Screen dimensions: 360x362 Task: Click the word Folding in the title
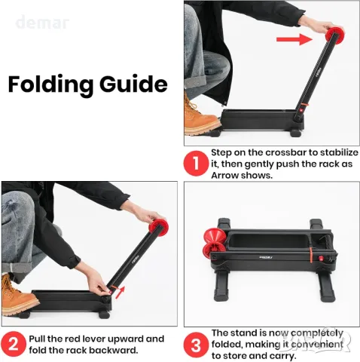(x=51, y=85)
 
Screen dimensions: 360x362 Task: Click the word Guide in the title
(x=133, y=84)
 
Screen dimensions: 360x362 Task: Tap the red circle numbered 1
(x=196, y=163)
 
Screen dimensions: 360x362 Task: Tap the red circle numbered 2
(x=14, y=344)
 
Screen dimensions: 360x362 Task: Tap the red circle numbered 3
(x=196, y=345)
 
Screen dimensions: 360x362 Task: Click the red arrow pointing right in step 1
(x=294, y=39)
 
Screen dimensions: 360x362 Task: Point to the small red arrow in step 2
(x=121, y=292)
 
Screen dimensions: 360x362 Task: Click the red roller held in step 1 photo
(x=334, y=35)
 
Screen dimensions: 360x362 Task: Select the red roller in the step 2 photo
(x=158, y=228)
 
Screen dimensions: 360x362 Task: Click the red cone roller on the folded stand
(x=213, y=244)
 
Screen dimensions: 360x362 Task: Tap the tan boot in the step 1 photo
(x=200, y=117)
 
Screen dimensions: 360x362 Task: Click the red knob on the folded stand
(x=321, y=258)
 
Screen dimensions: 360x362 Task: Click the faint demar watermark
(x=42, y=23)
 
